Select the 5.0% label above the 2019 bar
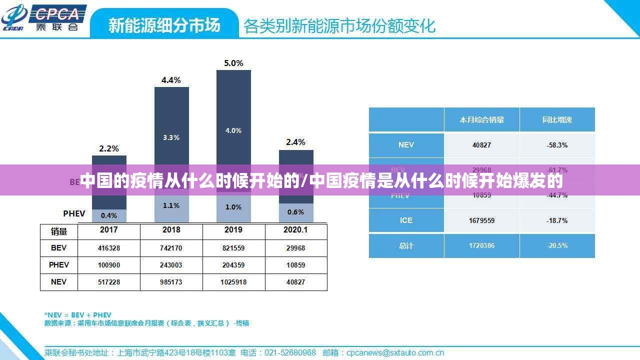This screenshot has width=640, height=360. point(233,63)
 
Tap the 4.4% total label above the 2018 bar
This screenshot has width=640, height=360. point(171,80)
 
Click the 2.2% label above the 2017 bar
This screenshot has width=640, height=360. point(109,148)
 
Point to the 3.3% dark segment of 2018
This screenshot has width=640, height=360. point(171,137)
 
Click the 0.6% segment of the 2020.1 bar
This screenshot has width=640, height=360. point(295,212)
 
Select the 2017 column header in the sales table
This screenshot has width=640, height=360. point(109,230)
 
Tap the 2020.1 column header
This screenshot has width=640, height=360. point(295,230)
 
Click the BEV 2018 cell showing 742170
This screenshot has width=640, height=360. point(171,248)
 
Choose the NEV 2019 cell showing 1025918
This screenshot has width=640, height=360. point(233,282)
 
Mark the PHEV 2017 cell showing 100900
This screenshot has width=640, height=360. point(109,265)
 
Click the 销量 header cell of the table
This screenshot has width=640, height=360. point(59,231)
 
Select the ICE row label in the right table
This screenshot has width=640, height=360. point(406,220)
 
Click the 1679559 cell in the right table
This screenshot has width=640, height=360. point(481,220)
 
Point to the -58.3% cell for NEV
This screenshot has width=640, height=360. point(557,145)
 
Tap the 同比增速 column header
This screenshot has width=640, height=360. point(557,120)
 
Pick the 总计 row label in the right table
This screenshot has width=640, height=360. point(406,245)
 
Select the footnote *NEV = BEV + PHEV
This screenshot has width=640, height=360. point(78,315)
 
